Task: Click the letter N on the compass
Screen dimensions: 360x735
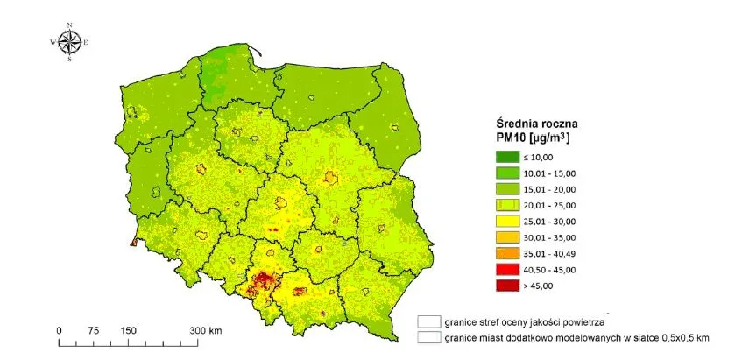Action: (x=70, y=24)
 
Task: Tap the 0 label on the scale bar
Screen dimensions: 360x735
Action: (x=59, y=330)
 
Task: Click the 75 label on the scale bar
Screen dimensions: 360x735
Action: (x=93, y=330)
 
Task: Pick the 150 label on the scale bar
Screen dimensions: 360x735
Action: (x=129, y=330)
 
